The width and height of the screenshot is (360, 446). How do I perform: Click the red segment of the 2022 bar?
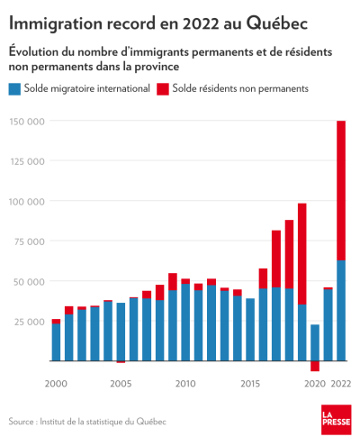click(341, 190)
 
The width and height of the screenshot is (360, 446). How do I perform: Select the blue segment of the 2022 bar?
click(341, 310)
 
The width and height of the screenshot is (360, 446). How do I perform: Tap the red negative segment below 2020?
click(315, 366)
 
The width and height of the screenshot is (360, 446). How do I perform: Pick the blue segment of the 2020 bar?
click(315, 342)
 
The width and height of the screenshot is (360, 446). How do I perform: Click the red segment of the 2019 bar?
click(302, 254)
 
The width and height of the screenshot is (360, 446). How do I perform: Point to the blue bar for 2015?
click(250, 330)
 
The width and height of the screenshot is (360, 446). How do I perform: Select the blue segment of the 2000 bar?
click(56, 342)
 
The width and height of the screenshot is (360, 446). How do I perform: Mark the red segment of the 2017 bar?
click(276, 259)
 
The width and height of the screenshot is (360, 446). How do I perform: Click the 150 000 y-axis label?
click(27, 122)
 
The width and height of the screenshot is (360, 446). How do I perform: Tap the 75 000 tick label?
click(30, 241)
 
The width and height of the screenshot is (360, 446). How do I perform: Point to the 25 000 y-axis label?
click(30, 322)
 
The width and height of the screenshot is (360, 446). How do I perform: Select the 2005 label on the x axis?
click(121, 384)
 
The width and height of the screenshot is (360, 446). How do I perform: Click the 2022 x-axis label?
click(341, 384)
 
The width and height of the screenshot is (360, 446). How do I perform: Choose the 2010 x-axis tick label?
click(185, 384)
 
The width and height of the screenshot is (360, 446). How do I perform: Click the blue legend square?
click(14, 89)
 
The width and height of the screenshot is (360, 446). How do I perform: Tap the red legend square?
click(163, 89)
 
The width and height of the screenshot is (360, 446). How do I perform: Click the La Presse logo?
click(337, 420)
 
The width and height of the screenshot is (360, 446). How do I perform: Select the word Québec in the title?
click(277, 23)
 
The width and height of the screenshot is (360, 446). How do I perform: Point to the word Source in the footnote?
click(21, 422)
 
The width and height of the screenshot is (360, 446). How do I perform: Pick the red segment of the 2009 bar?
click(173, 282)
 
